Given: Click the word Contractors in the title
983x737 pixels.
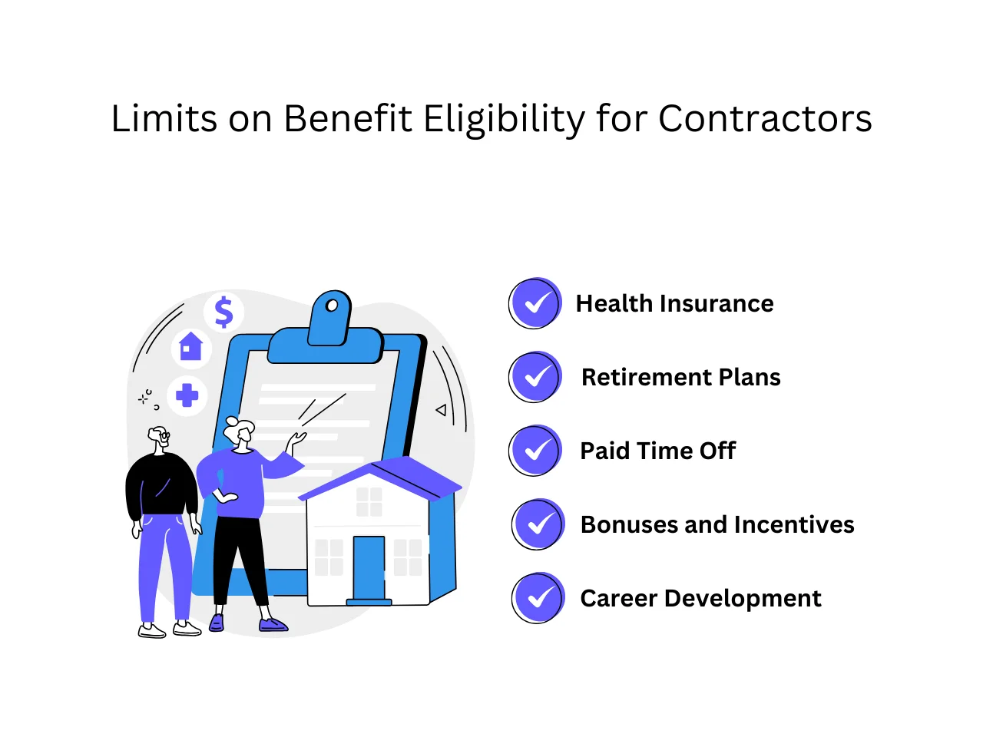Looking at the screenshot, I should (765, 119).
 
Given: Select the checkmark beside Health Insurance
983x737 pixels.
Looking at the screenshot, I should (535, 303).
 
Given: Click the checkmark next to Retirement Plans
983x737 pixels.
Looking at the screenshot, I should (535, 377).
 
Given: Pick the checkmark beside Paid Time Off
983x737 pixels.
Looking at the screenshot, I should (535, 451).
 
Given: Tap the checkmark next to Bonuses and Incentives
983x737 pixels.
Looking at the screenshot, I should (538, 524).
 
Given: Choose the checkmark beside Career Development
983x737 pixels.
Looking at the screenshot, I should (538, 598).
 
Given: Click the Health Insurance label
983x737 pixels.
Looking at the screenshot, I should (674, 304).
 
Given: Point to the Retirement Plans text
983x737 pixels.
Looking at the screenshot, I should (680, 378).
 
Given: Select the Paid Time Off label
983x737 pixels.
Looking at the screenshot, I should (657, 451).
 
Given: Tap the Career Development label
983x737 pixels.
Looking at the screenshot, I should (700, 599).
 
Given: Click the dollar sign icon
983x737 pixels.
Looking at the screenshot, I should (223, 312).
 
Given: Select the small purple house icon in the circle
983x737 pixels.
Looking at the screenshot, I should (190, 347).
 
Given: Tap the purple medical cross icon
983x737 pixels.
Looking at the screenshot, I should (187, 396).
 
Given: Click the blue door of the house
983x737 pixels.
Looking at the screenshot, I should (369, 568).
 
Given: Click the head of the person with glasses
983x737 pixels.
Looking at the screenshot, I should (160, 438).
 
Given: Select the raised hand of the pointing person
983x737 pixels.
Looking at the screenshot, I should (296, 441).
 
